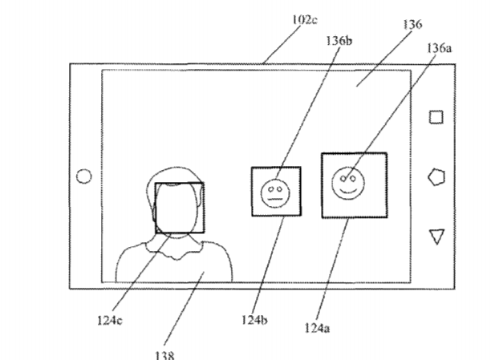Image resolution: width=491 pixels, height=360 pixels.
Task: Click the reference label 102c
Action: point(305,20)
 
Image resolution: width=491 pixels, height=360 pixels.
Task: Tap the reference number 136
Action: point(412,24)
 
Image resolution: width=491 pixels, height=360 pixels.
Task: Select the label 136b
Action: point(339,41)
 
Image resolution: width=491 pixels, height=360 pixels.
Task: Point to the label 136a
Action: point(440,48)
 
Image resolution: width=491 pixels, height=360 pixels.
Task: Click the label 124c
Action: point(110,320)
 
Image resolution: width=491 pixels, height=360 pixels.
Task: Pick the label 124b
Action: point(254,320)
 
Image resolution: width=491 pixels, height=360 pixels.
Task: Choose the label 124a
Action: point(317,328)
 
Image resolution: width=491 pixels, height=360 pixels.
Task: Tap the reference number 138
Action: point(164,356)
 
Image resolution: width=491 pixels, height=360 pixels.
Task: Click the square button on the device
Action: point(436,117)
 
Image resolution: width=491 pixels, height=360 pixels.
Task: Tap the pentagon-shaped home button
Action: point(436,177)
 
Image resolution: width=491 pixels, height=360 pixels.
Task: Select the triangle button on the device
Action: point(436,237)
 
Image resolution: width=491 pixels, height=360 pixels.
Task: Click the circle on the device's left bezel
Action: point(84,176)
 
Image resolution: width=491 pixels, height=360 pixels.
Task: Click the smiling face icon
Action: point(348,184)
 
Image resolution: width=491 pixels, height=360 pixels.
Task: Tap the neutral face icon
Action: point(275,194)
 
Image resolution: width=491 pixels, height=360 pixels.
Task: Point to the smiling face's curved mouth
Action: point(348,191)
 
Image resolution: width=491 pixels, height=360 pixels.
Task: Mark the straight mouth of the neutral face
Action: point(275,199)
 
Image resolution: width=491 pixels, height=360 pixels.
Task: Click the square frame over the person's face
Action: point(180,183)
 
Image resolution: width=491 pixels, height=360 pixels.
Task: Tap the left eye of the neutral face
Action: point(271,189)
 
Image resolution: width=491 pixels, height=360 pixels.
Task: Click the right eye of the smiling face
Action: point(353,179)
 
